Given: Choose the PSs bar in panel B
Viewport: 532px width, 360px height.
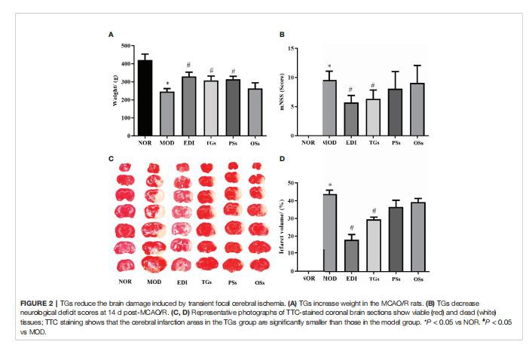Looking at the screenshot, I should click(394, 112).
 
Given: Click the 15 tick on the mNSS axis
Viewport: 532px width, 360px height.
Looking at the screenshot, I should click(291, 47).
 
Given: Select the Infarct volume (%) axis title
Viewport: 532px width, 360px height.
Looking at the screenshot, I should click(283, 226).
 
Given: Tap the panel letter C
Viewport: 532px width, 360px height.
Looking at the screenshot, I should click(111, 159).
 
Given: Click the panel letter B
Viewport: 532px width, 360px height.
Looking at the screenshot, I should click(282, 34).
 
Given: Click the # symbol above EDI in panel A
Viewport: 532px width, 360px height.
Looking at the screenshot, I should click(188, 65).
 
